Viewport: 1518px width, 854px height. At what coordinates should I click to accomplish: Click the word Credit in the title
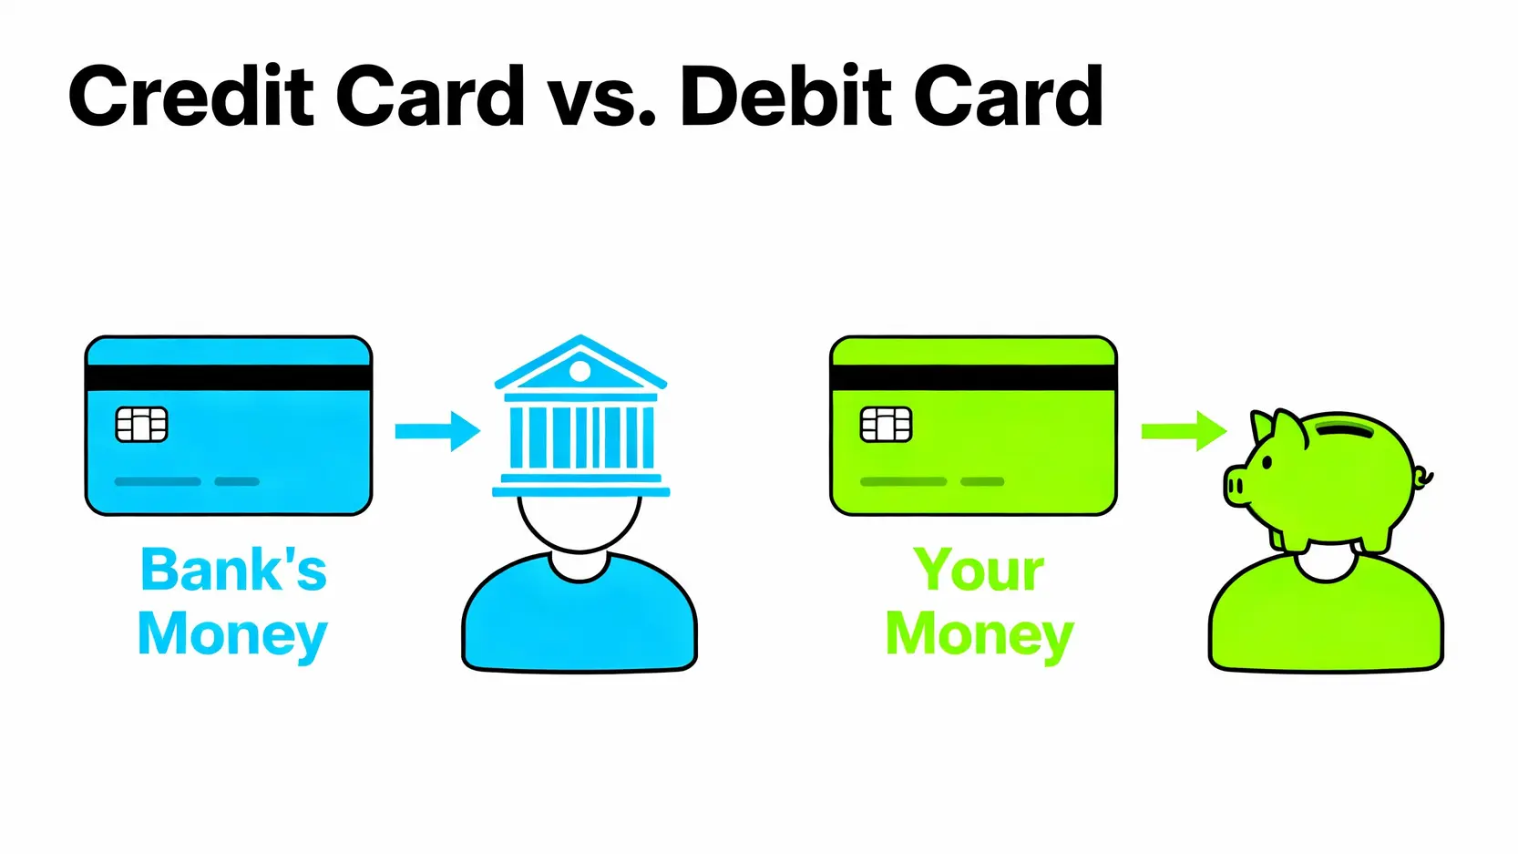[x=191, y=96]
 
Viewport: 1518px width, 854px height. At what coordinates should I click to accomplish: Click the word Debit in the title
[x=785, y=96]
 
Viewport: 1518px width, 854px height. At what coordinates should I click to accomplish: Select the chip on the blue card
[x=141, y=425]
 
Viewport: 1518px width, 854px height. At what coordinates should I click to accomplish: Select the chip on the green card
[x=886, y=425]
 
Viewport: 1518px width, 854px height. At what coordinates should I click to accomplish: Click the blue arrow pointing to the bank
[x=437, y=431]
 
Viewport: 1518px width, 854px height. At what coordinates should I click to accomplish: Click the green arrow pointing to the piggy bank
[x=1184, y=431]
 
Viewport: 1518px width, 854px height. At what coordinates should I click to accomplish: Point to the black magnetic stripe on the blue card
[x=229, y=377]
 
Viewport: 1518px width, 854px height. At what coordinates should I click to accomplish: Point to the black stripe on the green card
[x=973, y=377]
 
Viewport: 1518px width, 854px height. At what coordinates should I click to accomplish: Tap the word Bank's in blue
[x=233, y=570]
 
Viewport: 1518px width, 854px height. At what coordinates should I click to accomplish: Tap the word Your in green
[x=979, y=570]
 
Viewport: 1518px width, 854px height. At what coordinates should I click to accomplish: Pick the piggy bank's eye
[x=1267, y=462]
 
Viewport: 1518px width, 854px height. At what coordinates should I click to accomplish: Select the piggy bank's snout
[x=1236, y=485]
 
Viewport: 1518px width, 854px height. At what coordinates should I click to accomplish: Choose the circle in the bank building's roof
[x=580, y=371]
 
